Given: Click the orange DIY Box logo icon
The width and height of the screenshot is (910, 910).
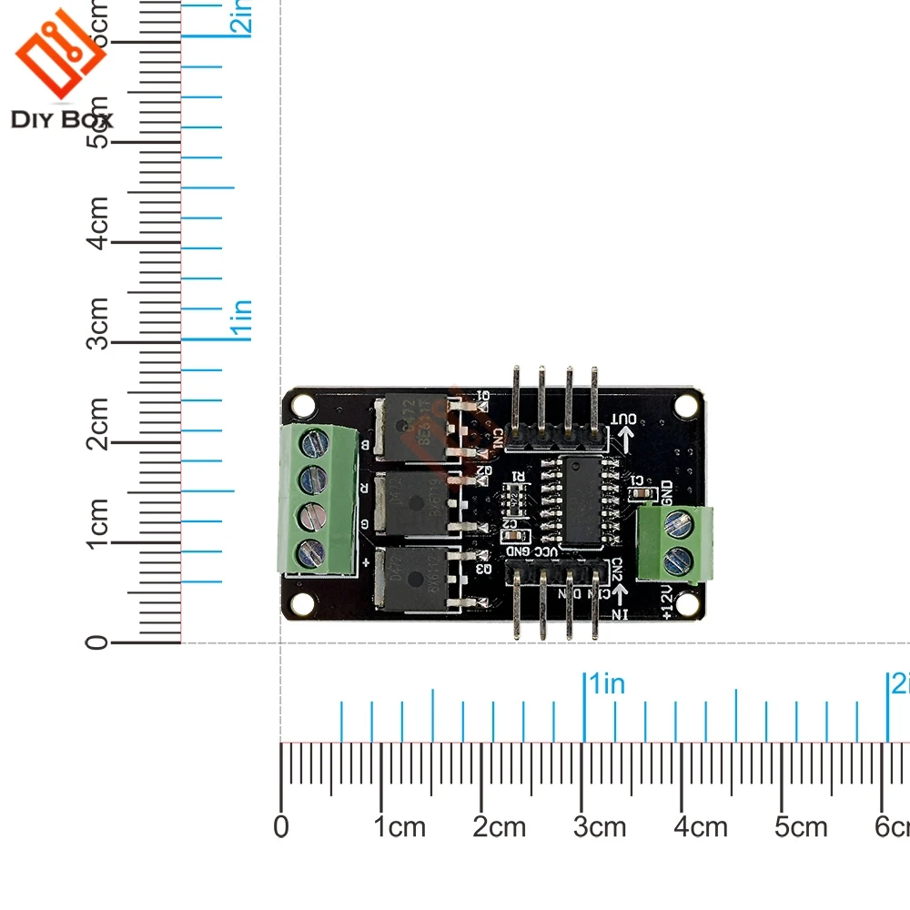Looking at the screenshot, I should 59,55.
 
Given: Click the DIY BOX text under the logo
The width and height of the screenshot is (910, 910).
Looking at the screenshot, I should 62,119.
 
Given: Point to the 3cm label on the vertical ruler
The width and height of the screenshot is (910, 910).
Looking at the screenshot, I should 98,323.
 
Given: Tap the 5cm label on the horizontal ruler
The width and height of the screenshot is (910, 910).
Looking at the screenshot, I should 801,827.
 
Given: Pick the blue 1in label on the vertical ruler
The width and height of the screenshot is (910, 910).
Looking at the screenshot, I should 242,320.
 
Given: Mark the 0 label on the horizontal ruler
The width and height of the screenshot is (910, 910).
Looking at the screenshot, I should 281,827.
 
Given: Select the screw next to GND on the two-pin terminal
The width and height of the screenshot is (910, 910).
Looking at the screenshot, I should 675,523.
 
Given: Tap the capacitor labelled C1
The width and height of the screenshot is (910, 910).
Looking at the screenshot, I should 642,493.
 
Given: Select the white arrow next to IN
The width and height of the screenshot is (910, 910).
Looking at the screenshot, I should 623,595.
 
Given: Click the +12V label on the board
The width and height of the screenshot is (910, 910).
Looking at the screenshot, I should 667,602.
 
